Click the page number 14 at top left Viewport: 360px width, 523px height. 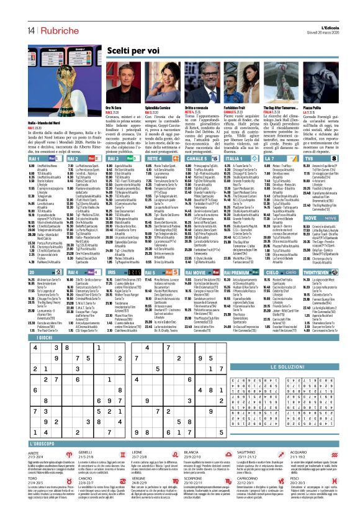[x=12, y=14]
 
